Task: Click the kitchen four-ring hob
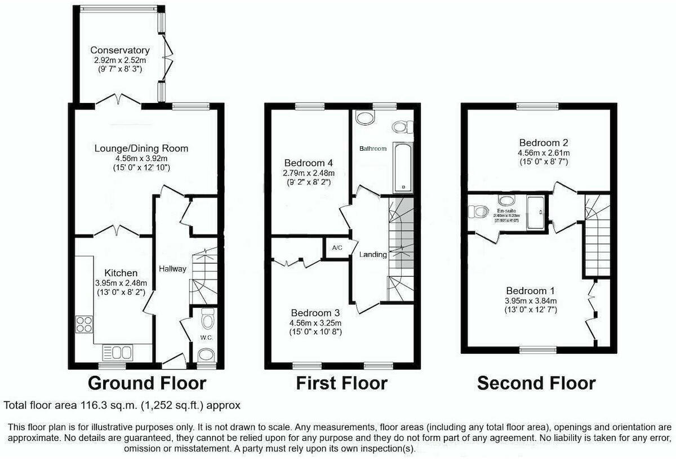84,325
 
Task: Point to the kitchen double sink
117,353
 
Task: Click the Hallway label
172,269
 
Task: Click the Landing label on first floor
373,254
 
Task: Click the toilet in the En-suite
480,212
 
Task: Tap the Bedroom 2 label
539,143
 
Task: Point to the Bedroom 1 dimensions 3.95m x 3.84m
530,300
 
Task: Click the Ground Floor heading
146,383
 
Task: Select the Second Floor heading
536,383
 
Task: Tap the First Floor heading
341,383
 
